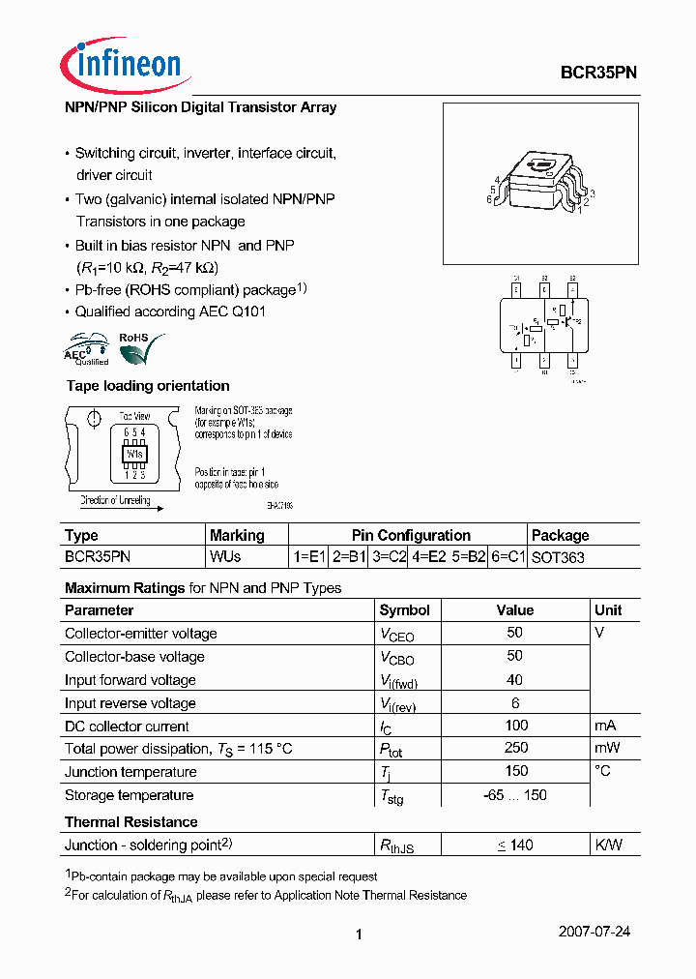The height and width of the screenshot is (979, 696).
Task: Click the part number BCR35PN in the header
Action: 598,72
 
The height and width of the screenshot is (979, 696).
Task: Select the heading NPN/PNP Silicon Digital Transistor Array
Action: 200,107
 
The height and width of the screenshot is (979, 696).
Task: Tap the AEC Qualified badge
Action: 86,348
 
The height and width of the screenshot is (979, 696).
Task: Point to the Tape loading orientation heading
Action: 147,386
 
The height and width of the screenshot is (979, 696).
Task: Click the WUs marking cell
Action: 225,557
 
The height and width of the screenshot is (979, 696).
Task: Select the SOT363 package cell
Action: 558,557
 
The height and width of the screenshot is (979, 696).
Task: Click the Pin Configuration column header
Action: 411,535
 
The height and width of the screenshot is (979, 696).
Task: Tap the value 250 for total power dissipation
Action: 515,748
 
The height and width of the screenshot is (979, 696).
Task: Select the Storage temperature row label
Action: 129,795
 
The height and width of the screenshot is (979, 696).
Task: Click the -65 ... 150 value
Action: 515,795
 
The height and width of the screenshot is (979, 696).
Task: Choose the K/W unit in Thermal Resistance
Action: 609,845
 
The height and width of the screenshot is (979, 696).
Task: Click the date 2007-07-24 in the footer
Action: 594,932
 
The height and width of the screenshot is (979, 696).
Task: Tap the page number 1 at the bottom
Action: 359,934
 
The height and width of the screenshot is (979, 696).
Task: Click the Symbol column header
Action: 405,610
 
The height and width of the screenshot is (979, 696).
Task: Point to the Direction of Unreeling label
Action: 115,500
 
